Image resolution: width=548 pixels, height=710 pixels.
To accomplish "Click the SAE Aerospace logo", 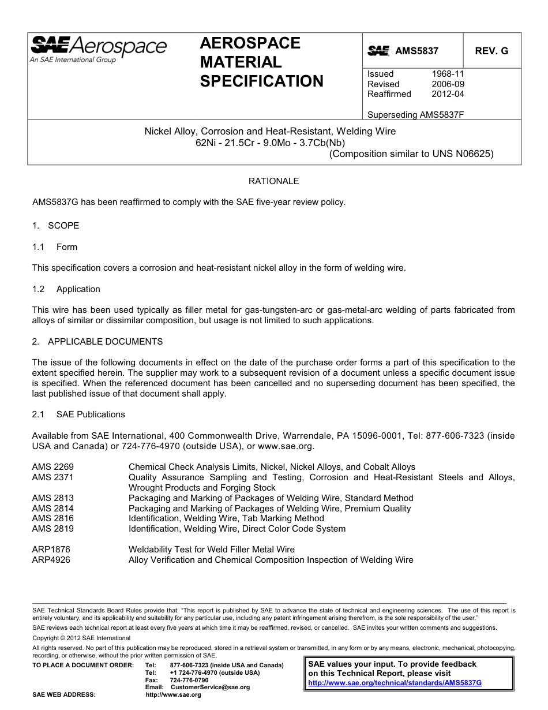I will click(98, 48).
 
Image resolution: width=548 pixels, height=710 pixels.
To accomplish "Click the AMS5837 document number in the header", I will click(416, 51).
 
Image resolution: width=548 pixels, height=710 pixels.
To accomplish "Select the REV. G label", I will click(491, 51).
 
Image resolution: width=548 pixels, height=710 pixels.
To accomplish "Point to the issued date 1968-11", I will click(448, 74).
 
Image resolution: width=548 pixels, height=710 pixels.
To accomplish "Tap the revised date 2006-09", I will click(448, 84).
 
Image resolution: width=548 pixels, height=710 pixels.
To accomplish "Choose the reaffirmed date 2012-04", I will click(448, 94).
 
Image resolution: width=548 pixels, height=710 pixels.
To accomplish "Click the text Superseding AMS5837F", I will click(415, 114).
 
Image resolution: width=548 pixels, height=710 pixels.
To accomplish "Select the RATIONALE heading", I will click(273, 181).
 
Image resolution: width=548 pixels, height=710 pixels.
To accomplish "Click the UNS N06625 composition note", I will click(411, 154).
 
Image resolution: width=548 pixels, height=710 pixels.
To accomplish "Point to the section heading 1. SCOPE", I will click(55, 226).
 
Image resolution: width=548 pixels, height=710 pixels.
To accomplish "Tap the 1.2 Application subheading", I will click(66, 289).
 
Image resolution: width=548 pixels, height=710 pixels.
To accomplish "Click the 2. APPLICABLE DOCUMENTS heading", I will click(97, 342).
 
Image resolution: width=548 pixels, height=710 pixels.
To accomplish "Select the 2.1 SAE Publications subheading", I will click(78, 414).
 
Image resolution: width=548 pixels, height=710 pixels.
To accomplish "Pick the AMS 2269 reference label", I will click(52, 467).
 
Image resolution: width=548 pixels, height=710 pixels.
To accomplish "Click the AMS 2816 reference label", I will click(52, 518).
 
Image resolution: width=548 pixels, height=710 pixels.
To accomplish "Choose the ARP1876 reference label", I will click(51, 550).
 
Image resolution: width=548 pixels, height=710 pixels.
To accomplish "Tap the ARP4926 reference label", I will click(51, 560).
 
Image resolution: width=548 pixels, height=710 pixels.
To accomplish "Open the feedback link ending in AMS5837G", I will click(395, 682).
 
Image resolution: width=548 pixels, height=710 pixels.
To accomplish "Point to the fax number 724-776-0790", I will click(189, 680).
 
